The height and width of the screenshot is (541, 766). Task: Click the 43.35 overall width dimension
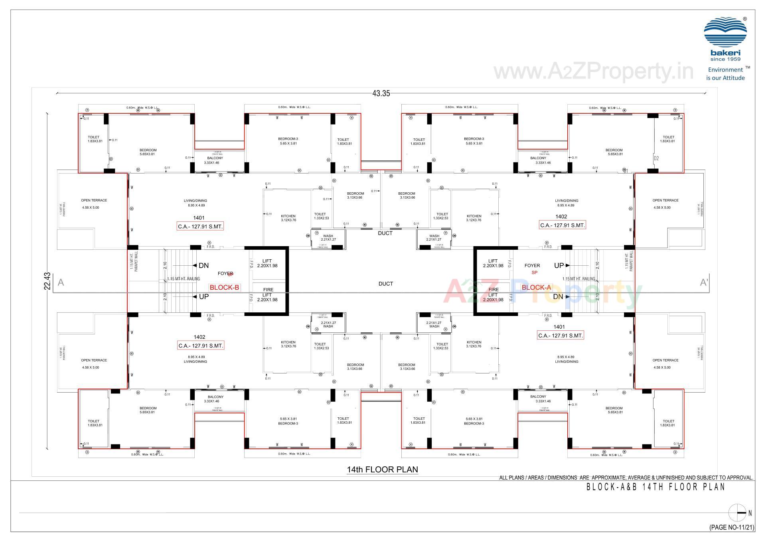[381, 93]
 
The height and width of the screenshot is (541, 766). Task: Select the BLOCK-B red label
[224, 287]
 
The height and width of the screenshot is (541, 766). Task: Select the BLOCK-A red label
[536, 287]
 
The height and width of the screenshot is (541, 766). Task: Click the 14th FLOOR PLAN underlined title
[382, 470]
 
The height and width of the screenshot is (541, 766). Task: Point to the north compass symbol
[737, 513]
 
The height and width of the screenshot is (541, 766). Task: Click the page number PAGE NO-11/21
[732, 527]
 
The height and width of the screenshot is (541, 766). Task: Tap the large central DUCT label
[385, 284]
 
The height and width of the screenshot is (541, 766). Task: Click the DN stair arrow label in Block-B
[203, 266]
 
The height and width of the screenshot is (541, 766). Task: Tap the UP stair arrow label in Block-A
[559, 265]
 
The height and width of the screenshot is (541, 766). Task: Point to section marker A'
[704, 282]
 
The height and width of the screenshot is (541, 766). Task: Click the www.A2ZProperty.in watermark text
[593, 72]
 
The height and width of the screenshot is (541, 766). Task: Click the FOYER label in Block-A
[532, 265]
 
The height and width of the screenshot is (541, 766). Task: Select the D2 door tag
[656, 158]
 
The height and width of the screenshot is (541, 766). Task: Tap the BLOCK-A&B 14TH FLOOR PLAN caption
[655, 487]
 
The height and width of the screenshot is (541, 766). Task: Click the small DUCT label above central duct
[385, 233]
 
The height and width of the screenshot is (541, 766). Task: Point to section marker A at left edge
[61, 282]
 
